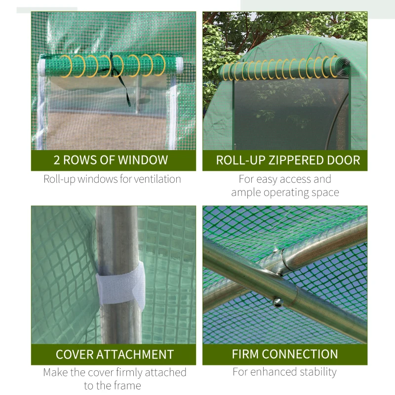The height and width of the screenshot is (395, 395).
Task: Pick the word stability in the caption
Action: pyautogui.click(x=314, y=372)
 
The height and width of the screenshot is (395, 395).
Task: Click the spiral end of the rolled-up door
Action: pyautogui.click(x=341, y=66)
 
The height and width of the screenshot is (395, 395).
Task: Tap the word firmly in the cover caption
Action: pyautogui.click(x=144, y=372)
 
